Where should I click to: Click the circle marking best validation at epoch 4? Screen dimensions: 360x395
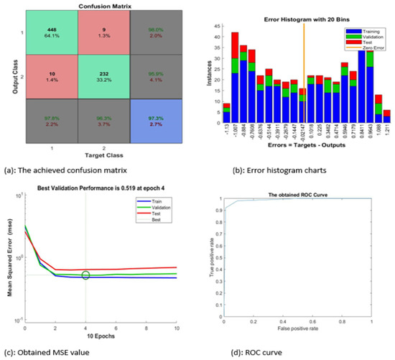(x=85, y=275)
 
